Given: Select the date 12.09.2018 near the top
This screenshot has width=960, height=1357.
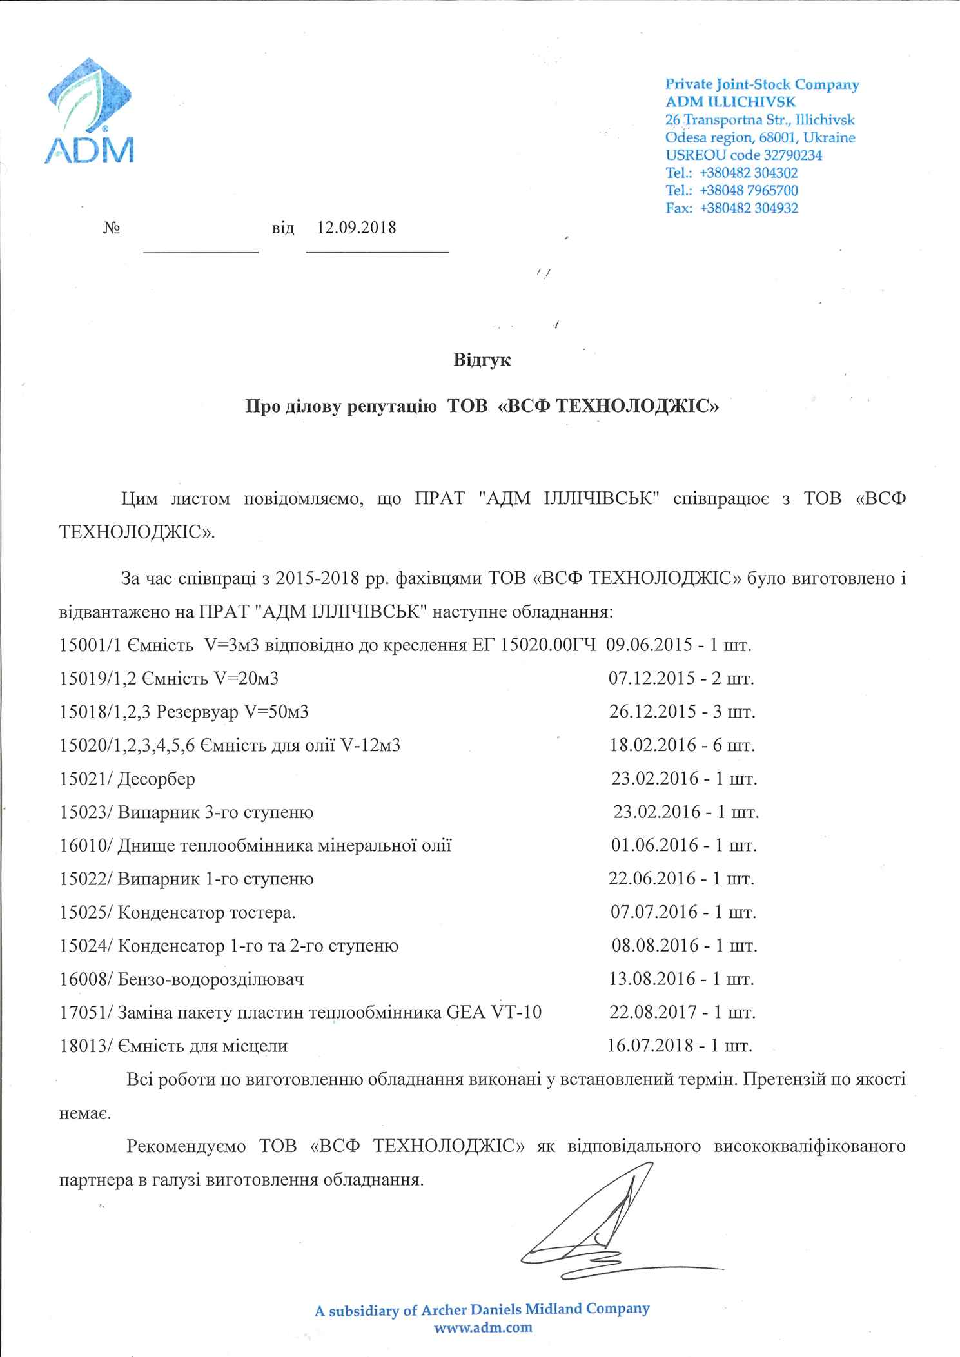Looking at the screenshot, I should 357,228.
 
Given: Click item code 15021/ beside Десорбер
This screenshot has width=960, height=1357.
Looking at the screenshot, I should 87,779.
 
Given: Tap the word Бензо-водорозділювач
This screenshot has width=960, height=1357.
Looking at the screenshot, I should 211,980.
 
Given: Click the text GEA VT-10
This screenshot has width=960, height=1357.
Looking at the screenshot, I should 493,1013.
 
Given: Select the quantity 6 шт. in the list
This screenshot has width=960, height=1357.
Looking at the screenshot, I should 732,745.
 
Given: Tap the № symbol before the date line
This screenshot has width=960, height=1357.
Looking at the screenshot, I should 112,228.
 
